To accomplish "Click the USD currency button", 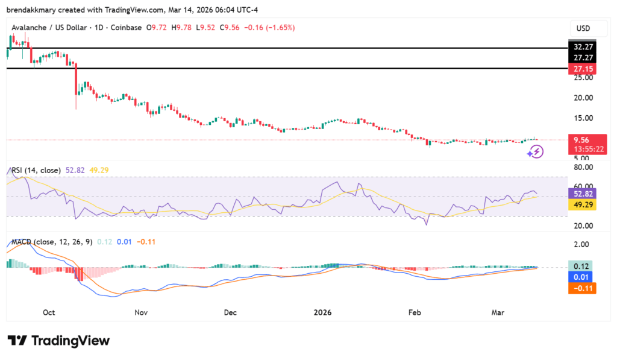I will [583, 28].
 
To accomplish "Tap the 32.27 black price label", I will [583, 46].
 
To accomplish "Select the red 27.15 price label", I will [583, 69].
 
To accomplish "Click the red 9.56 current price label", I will [581, 138].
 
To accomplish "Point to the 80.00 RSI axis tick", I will [582, 167].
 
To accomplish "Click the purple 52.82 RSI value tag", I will [583, 194].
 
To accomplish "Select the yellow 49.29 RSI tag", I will [583, 205].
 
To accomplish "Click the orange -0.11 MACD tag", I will [583, 288].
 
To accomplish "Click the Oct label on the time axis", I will [49, 312].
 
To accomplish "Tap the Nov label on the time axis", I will [140, 312].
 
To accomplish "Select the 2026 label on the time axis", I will [323, 312].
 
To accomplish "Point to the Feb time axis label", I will [414, 312].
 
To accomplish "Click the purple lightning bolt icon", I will [535, 151].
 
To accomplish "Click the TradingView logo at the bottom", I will [59, 341].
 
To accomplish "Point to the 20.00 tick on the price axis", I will [582, 98].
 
